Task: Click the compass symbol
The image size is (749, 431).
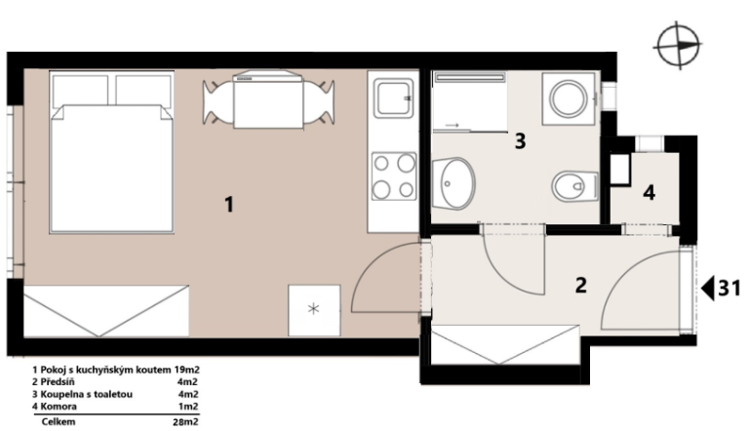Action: [x=677, y=46]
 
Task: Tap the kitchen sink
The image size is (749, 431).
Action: [x=394, y=98]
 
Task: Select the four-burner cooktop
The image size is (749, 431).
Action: [x=394, y=176]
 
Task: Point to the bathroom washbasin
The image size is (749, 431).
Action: [x=453, y=183]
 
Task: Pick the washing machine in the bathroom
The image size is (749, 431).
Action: [x=569, y=98]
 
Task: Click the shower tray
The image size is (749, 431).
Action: [x=469, y=101]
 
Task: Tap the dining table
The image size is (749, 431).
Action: [x=268, y=101]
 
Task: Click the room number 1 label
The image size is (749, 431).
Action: [x=229, y=205]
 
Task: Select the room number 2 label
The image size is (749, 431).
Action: [x=581, y=286]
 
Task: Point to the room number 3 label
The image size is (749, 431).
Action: [x=520, y=141]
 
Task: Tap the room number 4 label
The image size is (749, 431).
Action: [x=649, y=193]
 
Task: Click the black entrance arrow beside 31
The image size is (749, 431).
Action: [x=708, y=288]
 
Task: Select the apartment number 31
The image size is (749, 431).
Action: [x=729, y=288]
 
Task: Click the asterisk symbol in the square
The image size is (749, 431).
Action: [x=313, y=309]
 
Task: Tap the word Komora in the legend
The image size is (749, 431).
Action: [x=59, y=407]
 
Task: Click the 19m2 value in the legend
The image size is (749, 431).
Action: [x=187, y=370]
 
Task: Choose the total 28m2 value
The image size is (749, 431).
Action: [x=185, y=422]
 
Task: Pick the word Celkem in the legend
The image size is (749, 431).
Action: [x=59, y=422]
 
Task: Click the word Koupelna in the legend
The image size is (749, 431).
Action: [x=59, y=395]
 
